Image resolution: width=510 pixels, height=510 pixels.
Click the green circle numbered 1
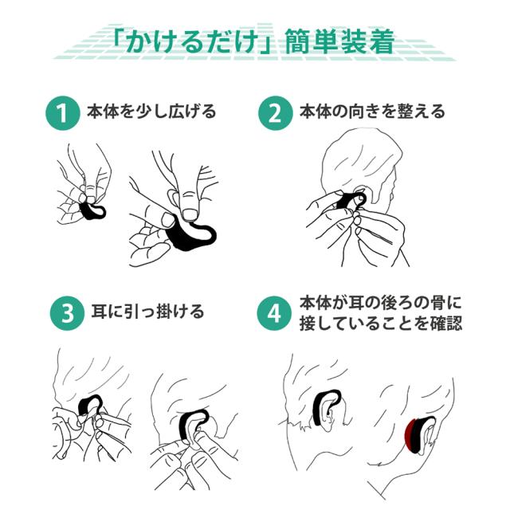pos(62,113)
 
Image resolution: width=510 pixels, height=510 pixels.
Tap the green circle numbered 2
pos(276,113)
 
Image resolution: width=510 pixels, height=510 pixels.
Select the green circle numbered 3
pos(67,313)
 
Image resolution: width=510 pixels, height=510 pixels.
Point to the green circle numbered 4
pos(273,313)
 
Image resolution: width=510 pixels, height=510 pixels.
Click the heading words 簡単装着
pos(340,41)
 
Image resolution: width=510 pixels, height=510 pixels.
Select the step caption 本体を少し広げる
pos(151,112)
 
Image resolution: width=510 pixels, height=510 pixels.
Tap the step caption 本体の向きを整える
pos(372,112)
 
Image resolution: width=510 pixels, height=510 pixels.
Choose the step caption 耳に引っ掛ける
pos(147,312)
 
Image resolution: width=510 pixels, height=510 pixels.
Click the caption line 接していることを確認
pos(381,324)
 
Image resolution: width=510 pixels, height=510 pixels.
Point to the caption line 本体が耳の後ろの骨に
pos(381,303)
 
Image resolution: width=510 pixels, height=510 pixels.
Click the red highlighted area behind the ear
pos(411,436)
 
